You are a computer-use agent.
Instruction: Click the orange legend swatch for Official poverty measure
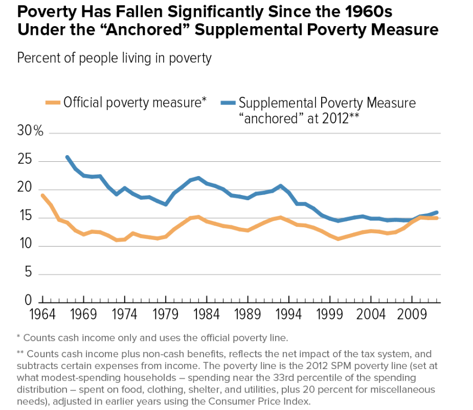point(53,102)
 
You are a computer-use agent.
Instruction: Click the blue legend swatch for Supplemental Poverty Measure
point(229,102)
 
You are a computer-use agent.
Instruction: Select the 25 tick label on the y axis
point(26,161)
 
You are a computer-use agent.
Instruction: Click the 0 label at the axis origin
point(29,300)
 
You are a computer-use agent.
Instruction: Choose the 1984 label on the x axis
point(194,313)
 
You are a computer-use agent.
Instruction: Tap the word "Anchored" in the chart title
point(142,30)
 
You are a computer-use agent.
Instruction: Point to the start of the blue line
point(67,157)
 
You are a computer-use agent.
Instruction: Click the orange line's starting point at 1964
point(42,195)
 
